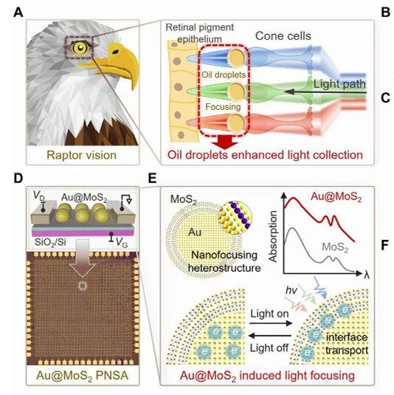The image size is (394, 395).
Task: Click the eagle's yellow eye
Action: pyautogui.click(x=80, y=47)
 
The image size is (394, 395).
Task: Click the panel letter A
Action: pyautogui.click(x=18, y=12)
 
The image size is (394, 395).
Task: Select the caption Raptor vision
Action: pyautogui.click(x=82, y=155)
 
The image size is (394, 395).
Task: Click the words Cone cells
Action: pyautogui.click(x=283, y=36)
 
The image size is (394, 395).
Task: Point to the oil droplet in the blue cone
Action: pyautogui.click(x=236, y=58)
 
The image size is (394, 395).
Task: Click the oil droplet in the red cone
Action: pyautogui.click(x=236, y=123)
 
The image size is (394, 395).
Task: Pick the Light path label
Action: pyautogui.click(x=339, y=84)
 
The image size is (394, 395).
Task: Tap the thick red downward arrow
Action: pyautogui.click(x=225, y=142)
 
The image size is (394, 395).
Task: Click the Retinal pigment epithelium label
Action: pyautogui.click(x=200, y=33)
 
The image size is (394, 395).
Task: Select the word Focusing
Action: pyautogui.click(x=223, y=107)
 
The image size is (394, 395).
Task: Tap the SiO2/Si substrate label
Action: pyautogui.click(x=50, y=242)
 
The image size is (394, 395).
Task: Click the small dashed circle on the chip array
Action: pyautogui.click(x=83, y=286)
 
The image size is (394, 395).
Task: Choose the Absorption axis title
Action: pyautogui.click(x=273, y=236)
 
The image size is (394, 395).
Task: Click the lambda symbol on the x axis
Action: pyautogui.click(x=367, y=274)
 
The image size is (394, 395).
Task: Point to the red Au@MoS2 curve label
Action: pyautogui.click(x=336, y=197)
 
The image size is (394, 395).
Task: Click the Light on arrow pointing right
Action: pyautogui.click(x=271, y=323)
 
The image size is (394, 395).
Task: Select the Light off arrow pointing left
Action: pyautogui.click(x=270, y=335)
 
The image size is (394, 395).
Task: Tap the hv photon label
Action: pyautogui.click(x=291, y=290)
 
